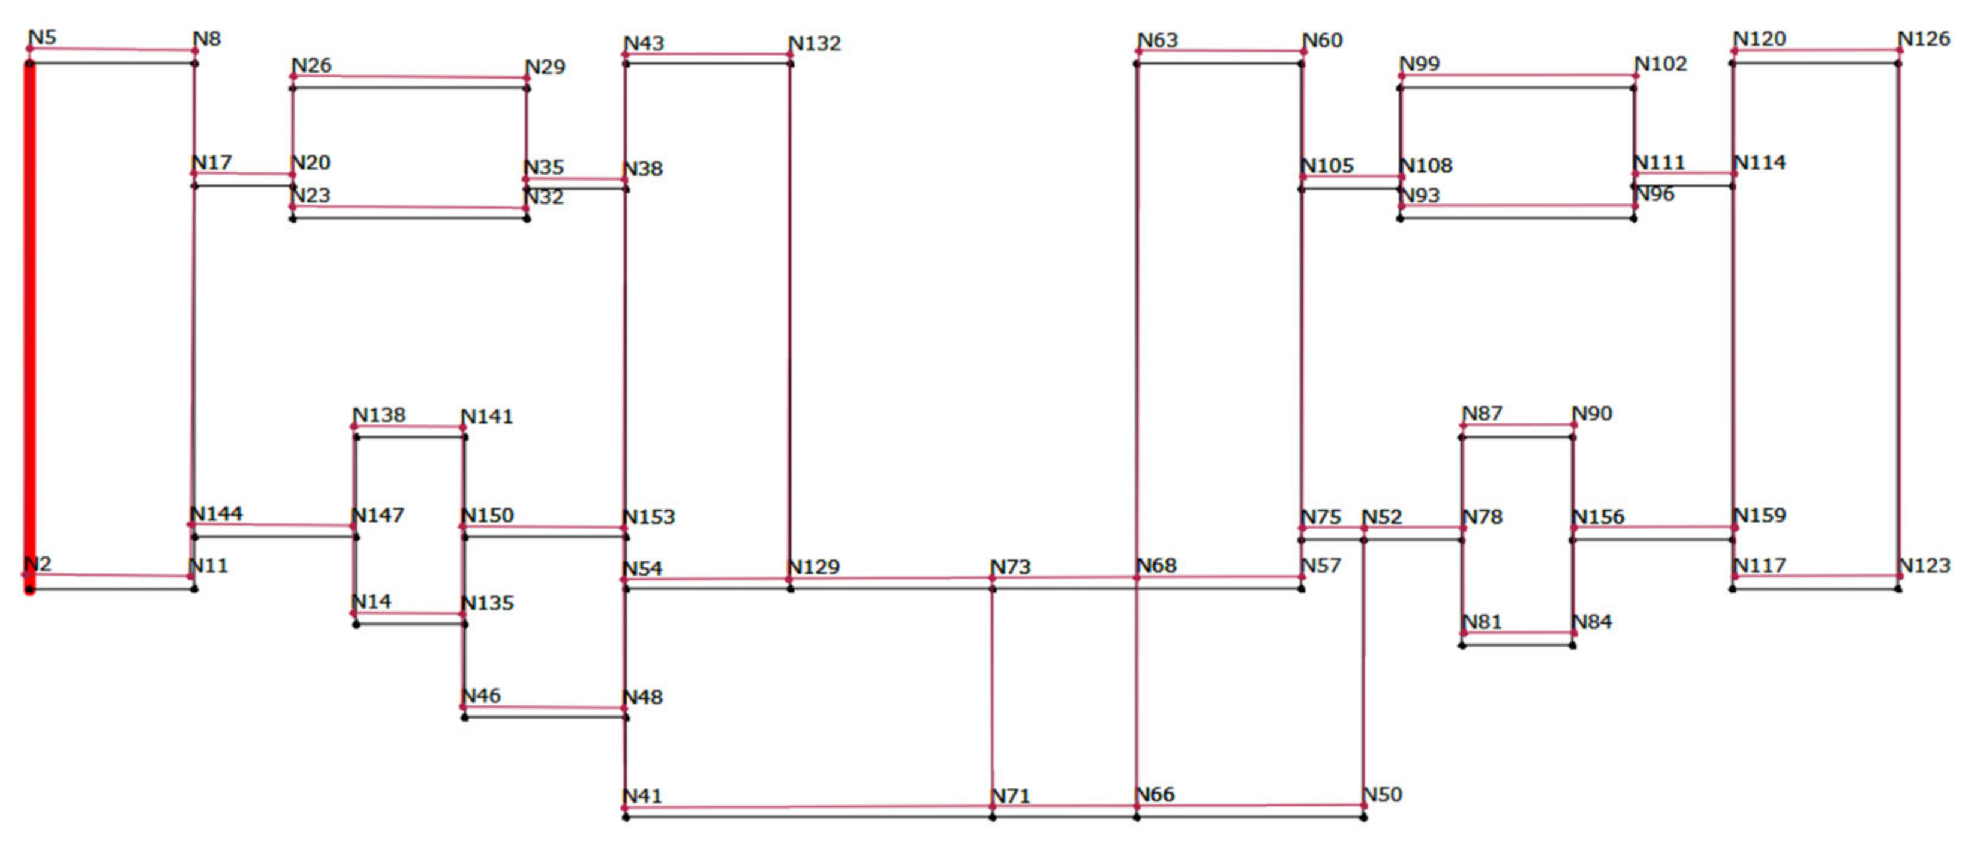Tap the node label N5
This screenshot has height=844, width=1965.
pos(42,37)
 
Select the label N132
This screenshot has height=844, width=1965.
pos(815,43)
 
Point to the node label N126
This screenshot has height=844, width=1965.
pos(1924,39)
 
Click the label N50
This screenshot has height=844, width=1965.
pos(1382,794)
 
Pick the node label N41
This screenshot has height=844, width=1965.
pos(642,796)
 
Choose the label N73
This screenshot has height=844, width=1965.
pos(1011,567)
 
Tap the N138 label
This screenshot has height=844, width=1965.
pos(379,415)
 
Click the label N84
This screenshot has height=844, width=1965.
pos(1592,622)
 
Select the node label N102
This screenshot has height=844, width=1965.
pos(1661,64)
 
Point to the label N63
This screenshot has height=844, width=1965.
pos(1158,40)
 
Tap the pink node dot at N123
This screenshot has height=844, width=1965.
pos(1898,577)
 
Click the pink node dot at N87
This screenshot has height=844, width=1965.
pos(1463,426)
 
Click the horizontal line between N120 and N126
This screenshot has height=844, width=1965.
pos(1816,51)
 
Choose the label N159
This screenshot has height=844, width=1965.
pos(1760,515)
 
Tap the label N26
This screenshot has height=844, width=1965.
pos(311,65)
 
